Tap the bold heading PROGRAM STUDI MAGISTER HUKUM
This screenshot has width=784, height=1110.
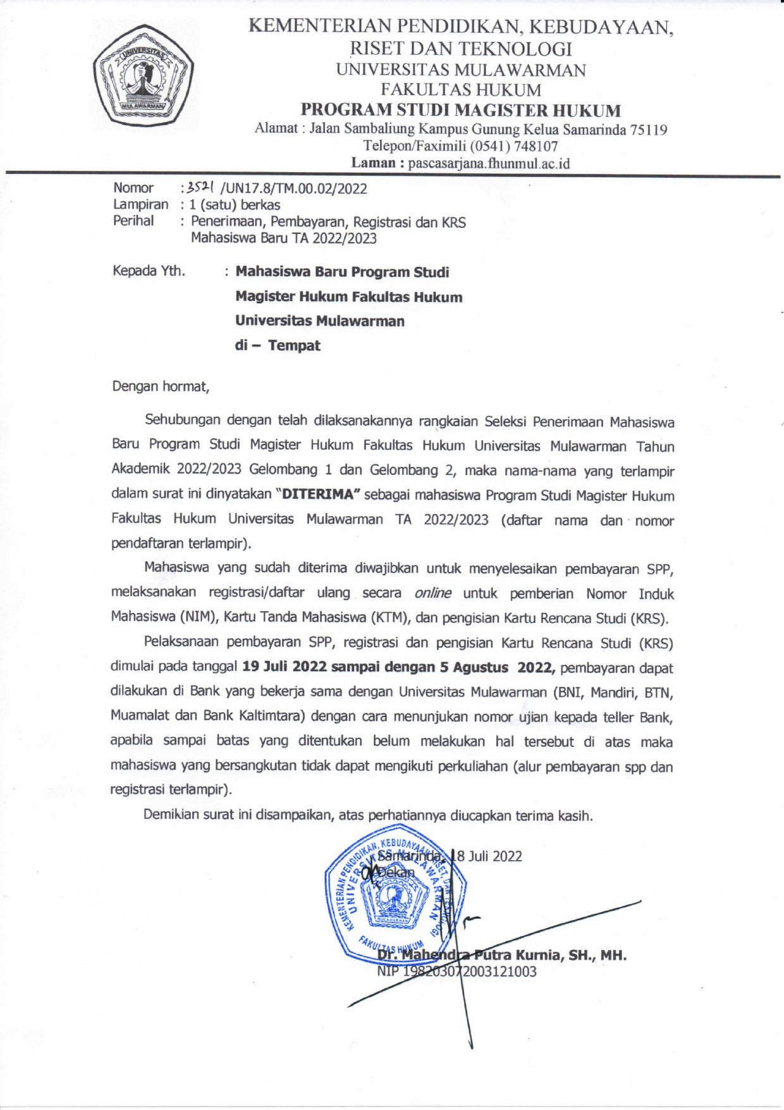pos(460,110)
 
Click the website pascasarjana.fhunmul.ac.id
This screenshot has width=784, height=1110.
pos(489,163)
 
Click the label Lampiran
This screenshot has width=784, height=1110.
pos(140,204)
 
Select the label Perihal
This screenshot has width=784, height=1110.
pos(133,221)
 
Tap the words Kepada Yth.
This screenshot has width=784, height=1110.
pos(149,271)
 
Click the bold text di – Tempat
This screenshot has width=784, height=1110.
pos(278,345)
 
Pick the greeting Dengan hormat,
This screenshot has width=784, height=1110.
pos(161,386)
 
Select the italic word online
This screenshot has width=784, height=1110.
pos(432,593)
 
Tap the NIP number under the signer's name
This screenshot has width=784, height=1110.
pos(456,971)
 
